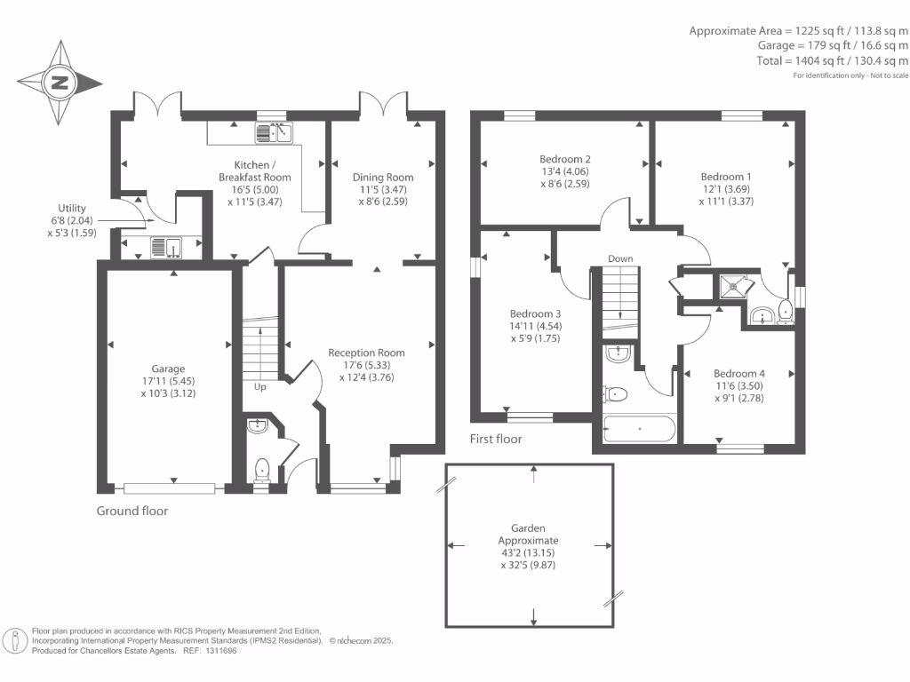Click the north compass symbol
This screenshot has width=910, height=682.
click(60, 83)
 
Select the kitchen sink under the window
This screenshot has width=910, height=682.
click(275, 134)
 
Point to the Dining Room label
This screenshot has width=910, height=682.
click(383, 177)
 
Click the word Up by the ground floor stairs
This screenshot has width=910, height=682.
click(260, 387)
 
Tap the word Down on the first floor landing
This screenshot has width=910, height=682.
click(620, 259)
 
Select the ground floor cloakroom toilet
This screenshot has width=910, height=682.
click(261, 468)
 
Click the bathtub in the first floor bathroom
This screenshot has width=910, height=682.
click(638, 429)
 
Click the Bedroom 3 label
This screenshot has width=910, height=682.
click(535, 313)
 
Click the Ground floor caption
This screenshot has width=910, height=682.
click(132, 511)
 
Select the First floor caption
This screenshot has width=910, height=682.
click(496, 439)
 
